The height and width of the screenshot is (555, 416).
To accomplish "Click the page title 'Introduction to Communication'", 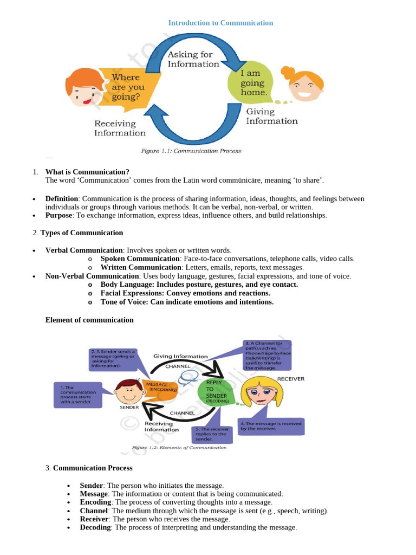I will [220, 23].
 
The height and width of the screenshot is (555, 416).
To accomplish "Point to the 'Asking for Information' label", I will [193, 59].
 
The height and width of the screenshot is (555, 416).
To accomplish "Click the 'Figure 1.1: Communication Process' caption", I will [191, 151].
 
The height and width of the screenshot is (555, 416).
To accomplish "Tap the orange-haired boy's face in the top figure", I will [82, 87].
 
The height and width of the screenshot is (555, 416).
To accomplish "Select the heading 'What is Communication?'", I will [87, 172].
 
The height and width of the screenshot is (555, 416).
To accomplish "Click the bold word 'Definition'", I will [62, 199].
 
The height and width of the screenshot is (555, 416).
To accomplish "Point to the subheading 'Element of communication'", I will [89, 320].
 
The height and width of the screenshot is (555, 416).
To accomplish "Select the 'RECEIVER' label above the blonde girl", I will [290, 378].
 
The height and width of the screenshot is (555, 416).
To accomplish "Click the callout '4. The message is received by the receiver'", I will [271, 426].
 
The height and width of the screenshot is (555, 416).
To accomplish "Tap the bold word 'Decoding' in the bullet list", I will [95, 527].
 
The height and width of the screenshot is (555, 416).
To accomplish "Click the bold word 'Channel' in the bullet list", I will [94, 511].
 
